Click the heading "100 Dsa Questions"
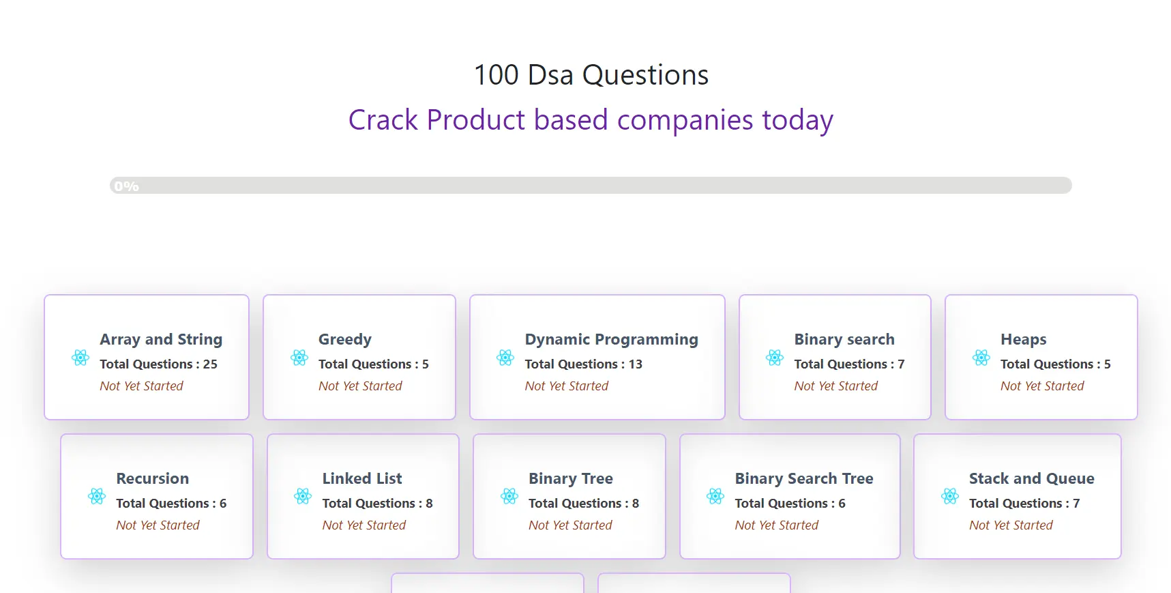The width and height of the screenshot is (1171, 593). (x=591, y=75)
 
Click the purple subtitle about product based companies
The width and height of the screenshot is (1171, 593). (x=591, y=120)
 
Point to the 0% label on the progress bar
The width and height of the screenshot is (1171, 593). (x=126, y=186)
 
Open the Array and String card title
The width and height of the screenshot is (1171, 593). (x=161, y=339)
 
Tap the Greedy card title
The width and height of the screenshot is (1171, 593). (x=345, y=339)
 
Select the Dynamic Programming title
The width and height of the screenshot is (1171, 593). (x=611, y=339)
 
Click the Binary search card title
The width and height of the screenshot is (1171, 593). (x=844, y=339)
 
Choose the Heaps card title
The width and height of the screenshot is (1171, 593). (x=1023, y=339)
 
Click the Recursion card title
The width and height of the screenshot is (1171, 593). (x=152, y=478)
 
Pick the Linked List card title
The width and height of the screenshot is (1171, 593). (x=362, y=478)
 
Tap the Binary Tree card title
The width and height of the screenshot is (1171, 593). (x=571, y=478)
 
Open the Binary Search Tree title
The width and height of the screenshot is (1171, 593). (x=804, y=478)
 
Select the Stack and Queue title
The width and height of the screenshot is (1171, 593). (x=1031, y=478)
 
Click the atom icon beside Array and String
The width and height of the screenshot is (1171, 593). (x=80, y=358)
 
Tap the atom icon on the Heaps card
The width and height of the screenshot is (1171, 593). (x=981, y=358)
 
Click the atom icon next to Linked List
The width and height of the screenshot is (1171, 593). (x=303, y=496)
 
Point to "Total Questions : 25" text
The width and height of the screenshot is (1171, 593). (x=158, y=364)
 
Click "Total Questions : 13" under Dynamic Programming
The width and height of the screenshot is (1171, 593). (x=583, y=364)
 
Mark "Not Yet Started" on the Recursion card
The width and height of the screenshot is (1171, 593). (x=158, y=525)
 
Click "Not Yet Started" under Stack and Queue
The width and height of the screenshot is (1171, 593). (x=1011, y=525)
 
